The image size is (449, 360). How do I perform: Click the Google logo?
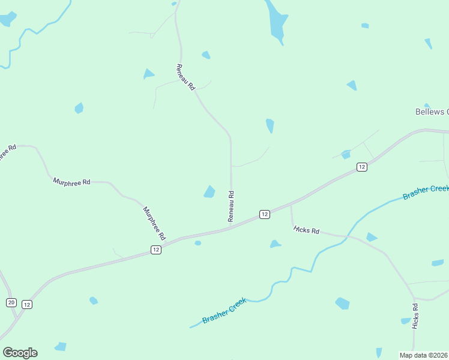pyautogui.click(x=20, y=353)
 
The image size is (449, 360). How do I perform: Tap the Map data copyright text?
pyautogui.click(x=424, y=355)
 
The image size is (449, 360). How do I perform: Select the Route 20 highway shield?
pyautogui.click(x=11, y=302)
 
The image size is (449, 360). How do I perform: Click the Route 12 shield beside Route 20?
pyautogui.click(x=27, y=305)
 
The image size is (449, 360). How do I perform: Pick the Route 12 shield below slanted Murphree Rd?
pyautogui.click(x=155, y=250)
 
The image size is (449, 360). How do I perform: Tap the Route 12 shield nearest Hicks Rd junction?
pyautogui.click(x=264, y=214)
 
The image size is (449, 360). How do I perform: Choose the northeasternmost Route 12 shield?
pyautogui.click(x=361, y=167)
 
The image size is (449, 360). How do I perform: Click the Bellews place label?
pyautogui.click(x=432, y=112)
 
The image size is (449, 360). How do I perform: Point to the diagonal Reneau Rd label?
pyautogui.click(x=186, y=77)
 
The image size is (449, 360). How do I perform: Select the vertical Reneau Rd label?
pyautogui.click(x=231, y=206)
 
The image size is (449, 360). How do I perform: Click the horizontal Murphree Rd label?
pyautogui.click(x=71, y=181)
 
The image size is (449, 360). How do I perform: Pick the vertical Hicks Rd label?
pyautogui.click(x=415, y=316)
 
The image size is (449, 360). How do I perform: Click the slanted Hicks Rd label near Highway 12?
pyautogui.click(x=307, y=230)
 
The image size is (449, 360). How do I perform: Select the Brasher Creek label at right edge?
pyautogui.click(x=426, y=193)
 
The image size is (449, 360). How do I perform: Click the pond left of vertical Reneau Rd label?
pyautogui.click(x=209, y=191)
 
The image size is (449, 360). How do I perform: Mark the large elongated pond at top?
pyautogui.click(x=277, y=22)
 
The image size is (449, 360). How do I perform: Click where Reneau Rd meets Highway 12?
pyautogui.click(x=231, y=227)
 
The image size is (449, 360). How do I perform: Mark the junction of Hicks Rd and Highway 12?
pyautogui.click(x=291, y=205)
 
